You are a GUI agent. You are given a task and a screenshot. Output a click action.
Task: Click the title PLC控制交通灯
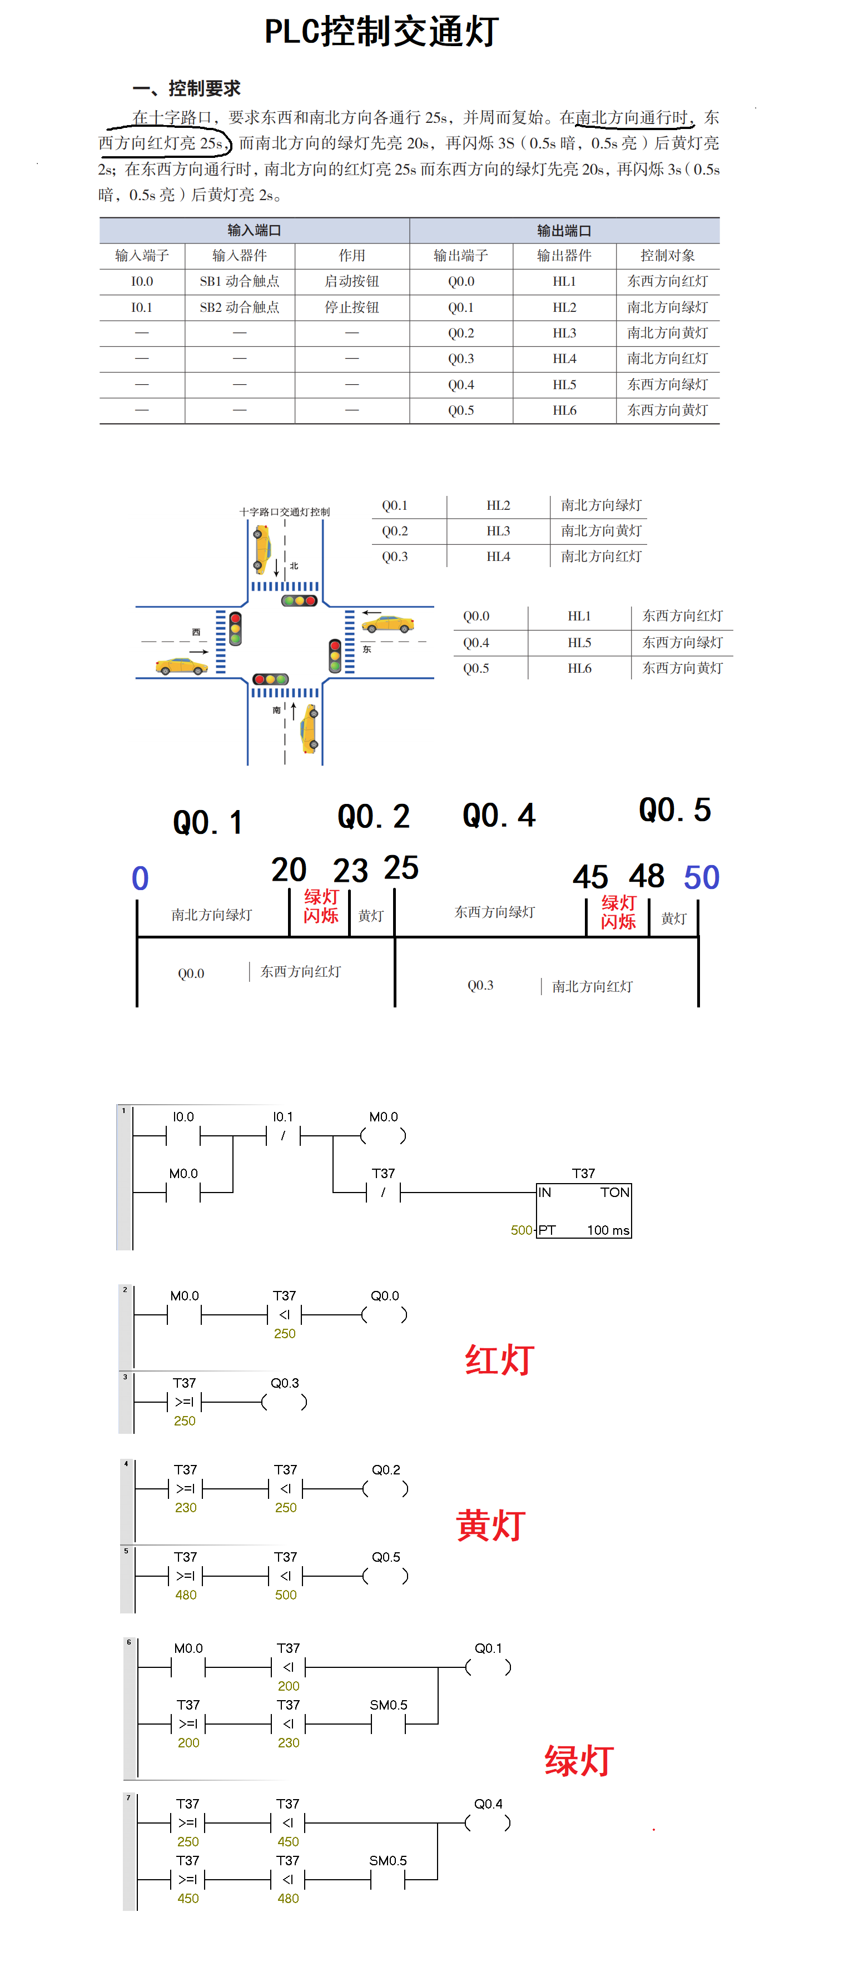[x=381, y=32]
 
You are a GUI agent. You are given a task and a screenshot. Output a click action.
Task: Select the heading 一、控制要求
[x=187, y=88]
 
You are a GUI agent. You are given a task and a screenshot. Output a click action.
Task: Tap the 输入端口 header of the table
[x=254, y=230]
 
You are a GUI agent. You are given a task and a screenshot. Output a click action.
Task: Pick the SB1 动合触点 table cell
[x=239, y=281]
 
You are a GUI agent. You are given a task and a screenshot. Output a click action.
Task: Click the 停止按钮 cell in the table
[x=352, y=307]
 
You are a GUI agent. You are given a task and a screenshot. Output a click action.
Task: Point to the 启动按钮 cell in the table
[x=352, y=281]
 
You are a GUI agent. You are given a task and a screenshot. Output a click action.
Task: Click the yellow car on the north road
[x=262, y=548]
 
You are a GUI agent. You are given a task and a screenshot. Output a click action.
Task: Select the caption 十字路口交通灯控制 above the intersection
[x=285, y=512]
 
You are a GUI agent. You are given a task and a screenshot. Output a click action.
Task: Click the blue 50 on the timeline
[x=701, y=877]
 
